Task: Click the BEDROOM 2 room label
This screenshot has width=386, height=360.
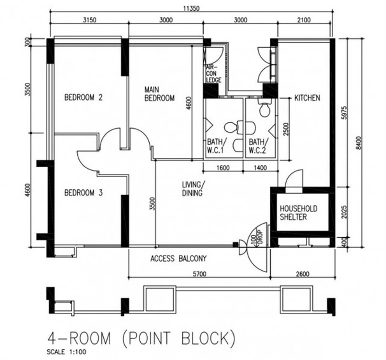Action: (x=83, y=97)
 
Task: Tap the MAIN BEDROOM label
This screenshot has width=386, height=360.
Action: (x=159, y=94)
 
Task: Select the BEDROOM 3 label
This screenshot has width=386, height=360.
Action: (x=83, y=193)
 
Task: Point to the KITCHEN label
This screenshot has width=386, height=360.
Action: (x=307, y=98)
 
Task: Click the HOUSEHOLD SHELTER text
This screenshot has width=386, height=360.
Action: (x=299, y=213)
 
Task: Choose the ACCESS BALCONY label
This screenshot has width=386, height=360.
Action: (x=178, y=259)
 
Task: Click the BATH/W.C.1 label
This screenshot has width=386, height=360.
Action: (x=215, y=146)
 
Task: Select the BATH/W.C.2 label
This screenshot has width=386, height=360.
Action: (x=257, y=146)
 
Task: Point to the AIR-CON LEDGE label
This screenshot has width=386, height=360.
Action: (x=213, y=74)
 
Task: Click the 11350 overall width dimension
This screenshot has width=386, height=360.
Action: (x=191, y=9)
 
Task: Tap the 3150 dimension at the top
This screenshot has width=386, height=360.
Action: (x=89, y=20)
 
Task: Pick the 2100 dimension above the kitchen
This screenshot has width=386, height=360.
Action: (x=304, y=20)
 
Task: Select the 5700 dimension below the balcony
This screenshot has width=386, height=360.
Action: (x=199, y=274)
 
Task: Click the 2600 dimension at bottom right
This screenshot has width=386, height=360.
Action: (x=302, y=274)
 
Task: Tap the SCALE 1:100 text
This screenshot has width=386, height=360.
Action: (x=66, y=352)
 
